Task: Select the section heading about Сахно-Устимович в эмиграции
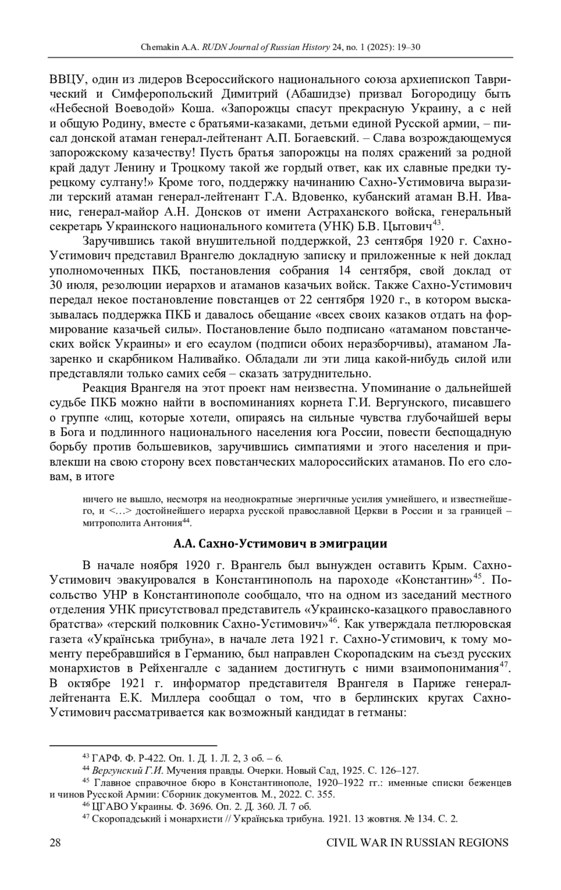[x=280, y=544]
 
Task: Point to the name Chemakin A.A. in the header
[x=170, y=48]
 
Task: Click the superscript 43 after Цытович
[x=437, y=223]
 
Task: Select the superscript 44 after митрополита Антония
[x=186, y=521]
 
